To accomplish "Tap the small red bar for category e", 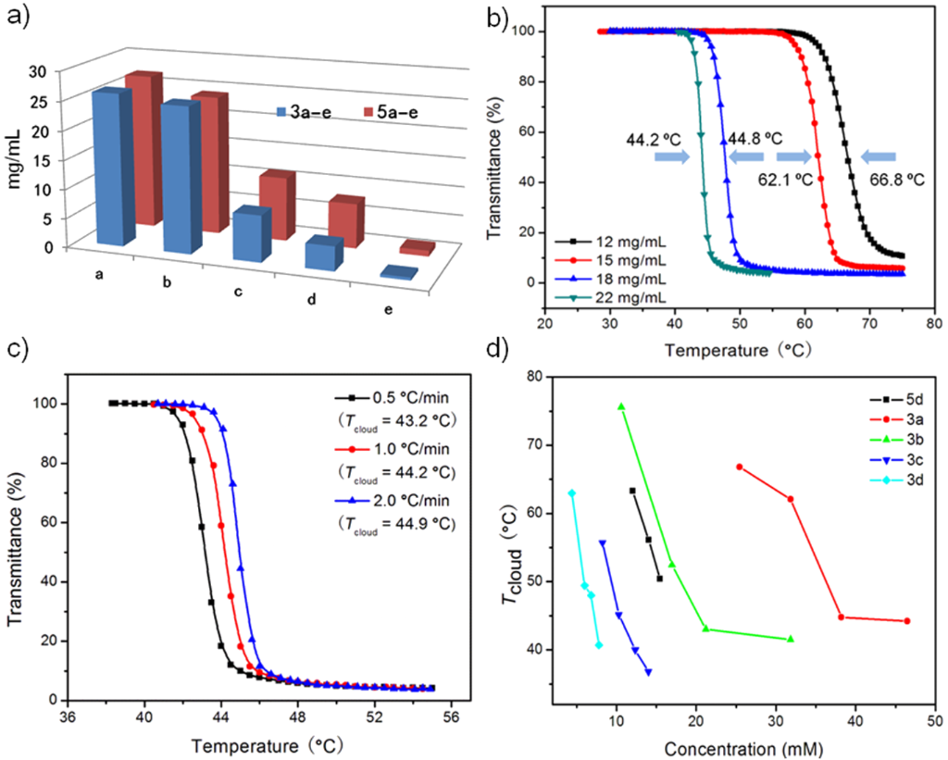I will click(x=417, y=247).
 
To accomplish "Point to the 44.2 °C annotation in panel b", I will click(x=653, y=140).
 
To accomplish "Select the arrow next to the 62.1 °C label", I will click(x=793, y=157).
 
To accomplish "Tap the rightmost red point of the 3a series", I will click(x=906, y=621).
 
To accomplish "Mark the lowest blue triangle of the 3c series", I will click(x=648, y=672).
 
